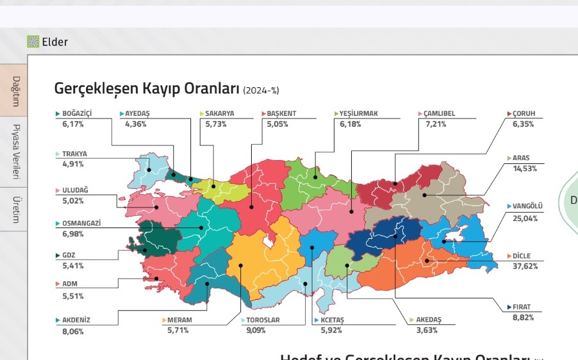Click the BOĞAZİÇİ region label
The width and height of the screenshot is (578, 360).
pyautogui.click(x=77, y=114)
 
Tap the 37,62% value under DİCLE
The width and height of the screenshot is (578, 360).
pyautogui.click(x=525, y=266)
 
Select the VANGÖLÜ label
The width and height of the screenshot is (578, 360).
pyautogui.click(x=527, y=206)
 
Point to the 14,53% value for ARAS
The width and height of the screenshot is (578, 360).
pyautogui.click(x=525, y=168)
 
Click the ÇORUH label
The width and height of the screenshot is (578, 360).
pyautogui.click(x=524, y=114)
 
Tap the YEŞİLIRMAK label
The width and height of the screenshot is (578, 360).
pyautogui.click(x=359, y=114)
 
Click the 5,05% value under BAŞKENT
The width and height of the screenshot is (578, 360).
pyautogui.click(x=277, y=124)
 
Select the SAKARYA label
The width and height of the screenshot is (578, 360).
pyautogui.click(x=219, y=114)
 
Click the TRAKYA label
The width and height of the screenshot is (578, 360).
pyautogui.click(x=74, y=154)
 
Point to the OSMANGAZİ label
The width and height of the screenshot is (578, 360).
pyautogui.click(x=81, y=224)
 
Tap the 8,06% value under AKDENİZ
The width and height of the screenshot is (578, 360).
pyautogui.click(x=72, y=331)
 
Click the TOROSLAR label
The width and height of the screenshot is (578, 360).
pyautogui.click(x=263, y=320)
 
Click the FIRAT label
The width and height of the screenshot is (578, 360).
pyautogui.click(x=522, y=307)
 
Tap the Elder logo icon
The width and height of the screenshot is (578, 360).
pyautogui.click(x=33, y=42)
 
